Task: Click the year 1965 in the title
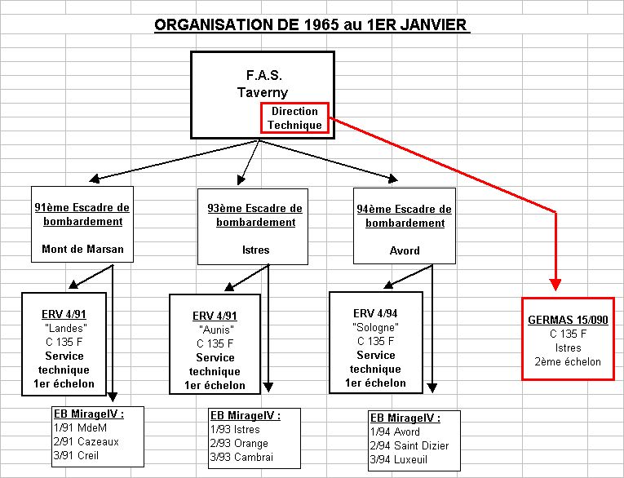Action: click(321, 24)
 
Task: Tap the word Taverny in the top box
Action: click(263, 92)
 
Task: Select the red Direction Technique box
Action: click(294, 117)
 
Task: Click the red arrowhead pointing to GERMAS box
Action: click(555, 284)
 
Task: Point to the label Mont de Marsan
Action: click(82, 249)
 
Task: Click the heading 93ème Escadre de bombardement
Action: click(255, 215)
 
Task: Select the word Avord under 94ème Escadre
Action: click(405, 250)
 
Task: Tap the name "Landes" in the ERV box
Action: click(66, 329)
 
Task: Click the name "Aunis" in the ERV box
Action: click(216, 330)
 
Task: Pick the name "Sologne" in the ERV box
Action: click(375, 328)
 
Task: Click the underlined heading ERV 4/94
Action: click(375, 313)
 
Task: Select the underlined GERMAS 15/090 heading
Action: click(568, 320)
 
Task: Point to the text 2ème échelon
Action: click(568, 362)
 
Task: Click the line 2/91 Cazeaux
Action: click(86, 442)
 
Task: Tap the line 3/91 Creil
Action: click(76, 456)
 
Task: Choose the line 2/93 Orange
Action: click(239, 444)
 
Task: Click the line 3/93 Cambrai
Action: click(241, 458)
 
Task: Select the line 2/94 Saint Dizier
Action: click(409, 445)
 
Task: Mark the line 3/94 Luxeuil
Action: click(399, 460)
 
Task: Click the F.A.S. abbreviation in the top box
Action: click(263, 75)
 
